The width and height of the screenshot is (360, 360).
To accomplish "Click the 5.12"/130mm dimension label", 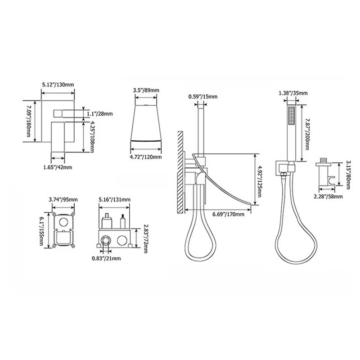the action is [58, 85].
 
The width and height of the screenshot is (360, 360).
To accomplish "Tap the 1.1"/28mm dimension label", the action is [100, 113].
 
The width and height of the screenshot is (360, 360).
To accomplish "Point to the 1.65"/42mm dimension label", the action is [58, 167].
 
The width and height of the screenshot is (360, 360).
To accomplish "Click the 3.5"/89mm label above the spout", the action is [146, 90].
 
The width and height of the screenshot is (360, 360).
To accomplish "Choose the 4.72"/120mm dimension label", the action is [146, 157].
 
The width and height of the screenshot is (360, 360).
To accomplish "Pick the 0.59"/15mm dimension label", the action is [203, 96].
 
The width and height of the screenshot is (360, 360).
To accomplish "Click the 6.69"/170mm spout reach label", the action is [229, 214].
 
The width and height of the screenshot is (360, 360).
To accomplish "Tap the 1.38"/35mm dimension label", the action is [293, 93].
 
